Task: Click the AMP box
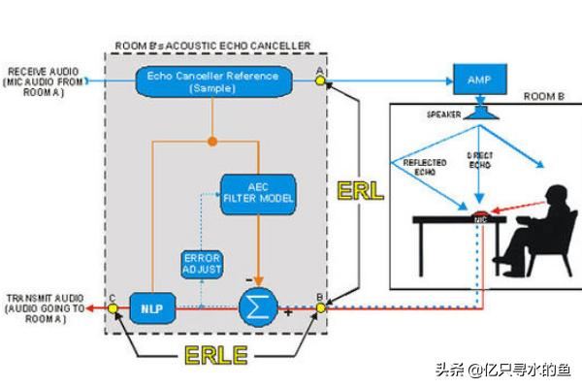pos(479,81)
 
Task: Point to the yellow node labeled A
pos(320,81)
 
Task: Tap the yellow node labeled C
pos(113,307)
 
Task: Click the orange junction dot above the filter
pos(213,142)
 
